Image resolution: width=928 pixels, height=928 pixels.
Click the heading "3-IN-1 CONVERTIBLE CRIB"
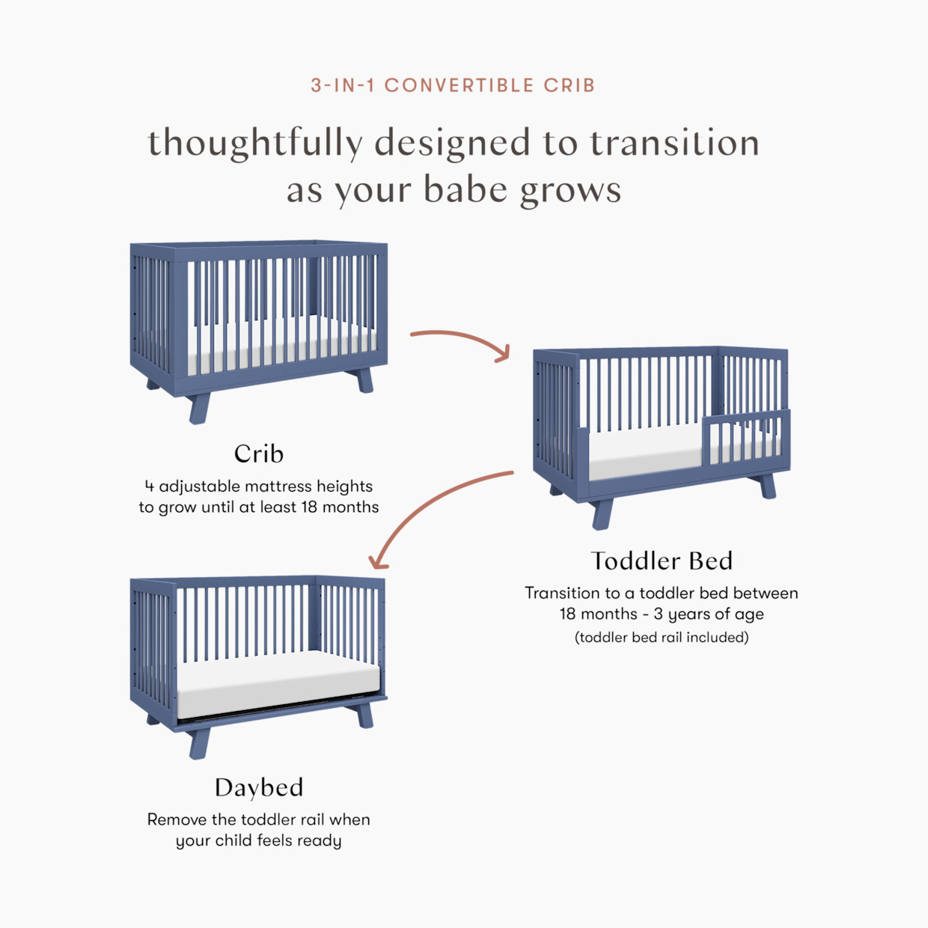453,85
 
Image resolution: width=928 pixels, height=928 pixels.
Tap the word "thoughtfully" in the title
254,143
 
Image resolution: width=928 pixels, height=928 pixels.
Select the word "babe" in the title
465,189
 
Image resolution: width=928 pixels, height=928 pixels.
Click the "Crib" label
259,454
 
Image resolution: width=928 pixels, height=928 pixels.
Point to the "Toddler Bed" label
662,561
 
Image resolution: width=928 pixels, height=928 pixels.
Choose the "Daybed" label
259,787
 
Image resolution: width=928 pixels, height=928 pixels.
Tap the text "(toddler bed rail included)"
662,638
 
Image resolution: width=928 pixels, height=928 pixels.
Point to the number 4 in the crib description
150,486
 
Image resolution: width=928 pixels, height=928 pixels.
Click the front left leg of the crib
200,408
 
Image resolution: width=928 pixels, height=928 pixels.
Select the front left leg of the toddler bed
602,514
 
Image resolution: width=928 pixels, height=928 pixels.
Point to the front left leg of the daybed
200,742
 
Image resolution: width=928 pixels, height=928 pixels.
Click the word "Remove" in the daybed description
177,819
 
